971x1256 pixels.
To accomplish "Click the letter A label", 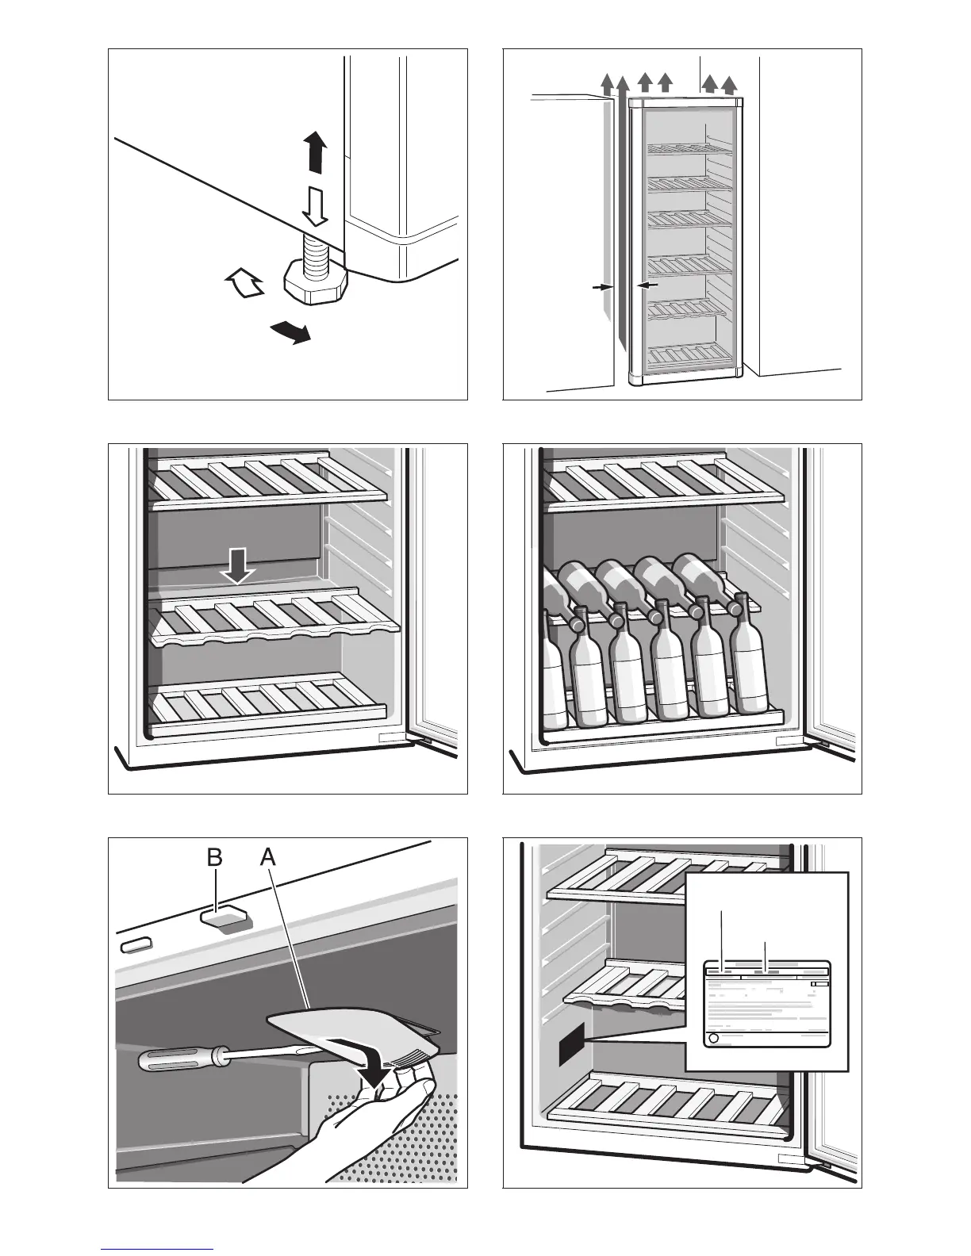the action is tap(268, 858).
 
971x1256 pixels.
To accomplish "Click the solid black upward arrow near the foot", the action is tap(315, 153).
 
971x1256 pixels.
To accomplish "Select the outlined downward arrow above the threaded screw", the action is tap(315, 207).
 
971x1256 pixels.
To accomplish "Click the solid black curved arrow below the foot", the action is tap(288, 331).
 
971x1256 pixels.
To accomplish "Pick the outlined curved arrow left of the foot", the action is tap(245, 283).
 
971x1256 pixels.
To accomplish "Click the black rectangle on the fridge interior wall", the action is tap(571, 1046).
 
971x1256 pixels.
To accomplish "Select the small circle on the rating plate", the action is tap(712, 1038).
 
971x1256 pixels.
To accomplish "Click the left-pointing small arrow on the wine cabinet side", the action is tap(648, 285).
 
